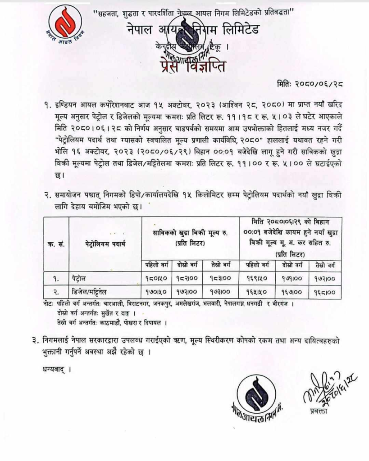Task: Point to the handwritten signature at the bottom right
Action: coord(328,388)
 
